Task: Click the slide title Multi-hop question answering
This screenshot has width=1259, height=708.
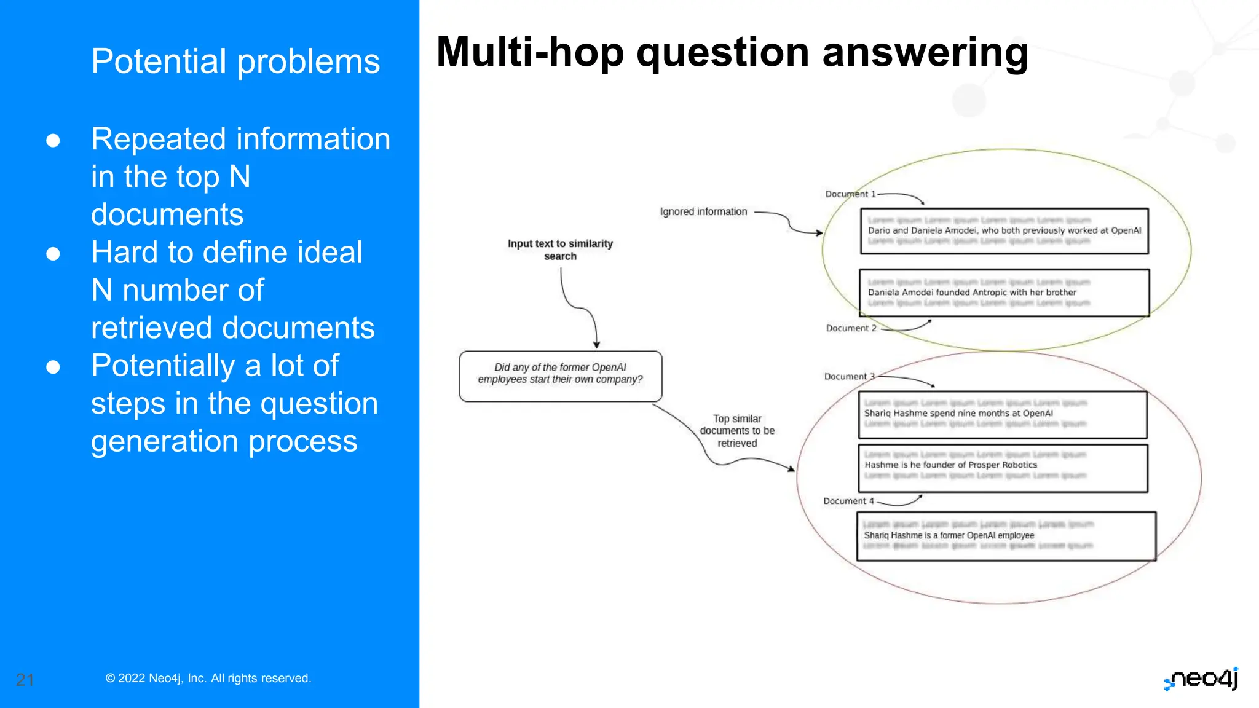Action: (x=732, y=53)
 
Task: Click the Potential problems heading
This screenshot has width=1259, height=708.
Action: (x=235, y=61)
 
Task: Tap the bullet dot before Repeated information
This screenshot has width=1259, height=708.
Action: (x=53, y=141)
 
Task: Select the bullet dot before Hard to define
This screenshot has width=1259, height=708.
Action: (x=53, y=254)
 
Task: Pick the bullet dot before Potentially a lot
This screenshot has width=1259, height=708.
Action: (x=53, y=367)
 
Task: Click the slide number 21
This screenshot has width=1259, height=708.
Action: (x=25, y=680)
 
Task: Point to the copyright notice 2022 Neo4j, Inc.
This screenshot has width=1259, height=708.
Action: (x=208, y=678)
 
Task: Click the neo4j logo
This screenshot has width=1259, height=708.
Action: (x=1202, y=678)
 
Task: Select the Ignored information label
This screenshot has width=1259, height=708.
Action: (x=703, y=212)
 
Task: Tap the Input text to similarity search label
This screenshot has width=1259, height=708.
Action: (x=560, y=250)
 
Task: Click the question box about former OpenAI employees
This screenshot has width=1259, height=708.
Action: (x=560, y=376)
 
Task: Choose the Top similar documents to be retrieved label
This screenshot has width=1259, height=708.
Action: (x=737, y=431)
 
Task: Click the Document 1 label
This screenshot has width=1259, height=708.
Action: (x=850, y=194)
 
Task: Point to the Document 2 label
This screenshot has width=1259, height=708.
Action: (x=851, y=328)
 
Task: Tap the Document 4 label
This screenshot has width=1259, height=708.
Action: (x=848, y=501)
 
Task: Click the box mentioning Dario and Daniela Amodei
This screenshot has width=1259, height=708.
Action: (x=1004, y=231)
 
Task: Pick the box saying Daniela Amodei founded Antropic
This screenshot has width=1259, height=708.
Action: (x=1004, y=293)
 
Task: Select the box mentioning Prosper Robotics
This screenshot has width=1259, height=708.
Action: (x=1003, y=468)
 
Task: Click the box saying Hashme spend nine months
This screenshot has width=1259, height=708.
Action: (x=1003, y=415)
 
